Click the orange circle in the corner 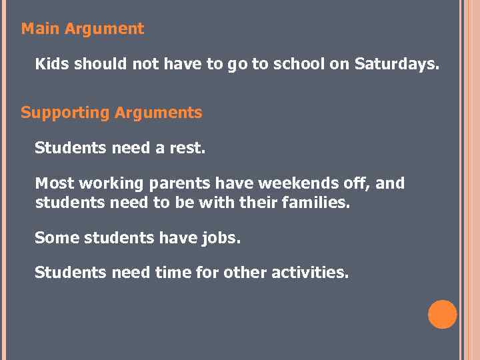(x=443, y=315)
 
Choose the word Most (x=55, y=183)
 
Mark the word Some (x=57, y=237)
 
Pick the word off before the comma (x=353, y=183)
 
